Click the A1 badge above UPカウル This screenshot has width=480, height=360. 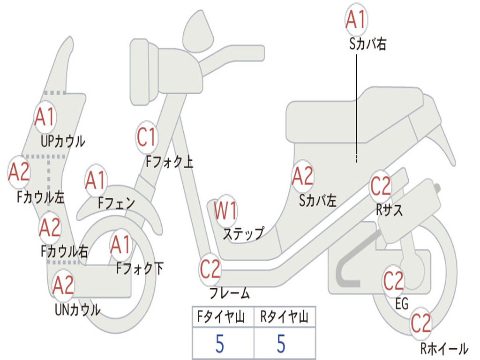(x=45, y=116)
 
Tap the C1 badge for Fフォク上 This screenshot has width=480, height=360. (x=147, y=137)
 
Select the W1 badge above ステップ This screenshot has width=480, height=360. (x=226, y=210)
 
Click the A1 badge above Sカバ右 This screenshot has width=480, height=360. (x=356, y=19)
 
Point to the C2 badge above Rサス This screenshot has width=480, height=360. (x=381, y=186)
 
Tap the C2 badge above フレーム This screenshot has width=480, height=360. (x=210, y=269)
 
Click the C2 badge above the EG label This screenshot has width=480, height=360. (x=394, y=281)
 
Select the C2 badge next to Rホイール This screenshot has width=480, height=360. (x=420, y=323)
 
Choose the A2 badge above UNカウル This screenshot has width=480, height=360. (x=63, y=285)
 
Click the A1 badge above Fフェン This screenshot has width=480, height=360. (x=96, y=180)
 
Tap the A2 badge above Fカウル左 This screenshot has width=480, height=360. (x=19, y=172)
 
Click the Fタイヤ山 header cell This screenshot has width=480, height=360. (x=223, y=316)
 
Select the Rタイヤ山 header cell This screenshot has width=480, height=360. (x=285, y=316)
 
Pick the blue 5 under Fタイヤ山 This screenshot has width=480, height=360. (x=220, y=344)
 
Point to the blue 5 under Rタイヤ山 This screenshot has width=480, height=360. (x=281, y=344)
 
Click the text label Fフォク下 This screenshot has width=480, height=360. (x=140, y=268)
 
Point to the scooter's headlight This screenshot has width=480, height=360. (x=144, y=72)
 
